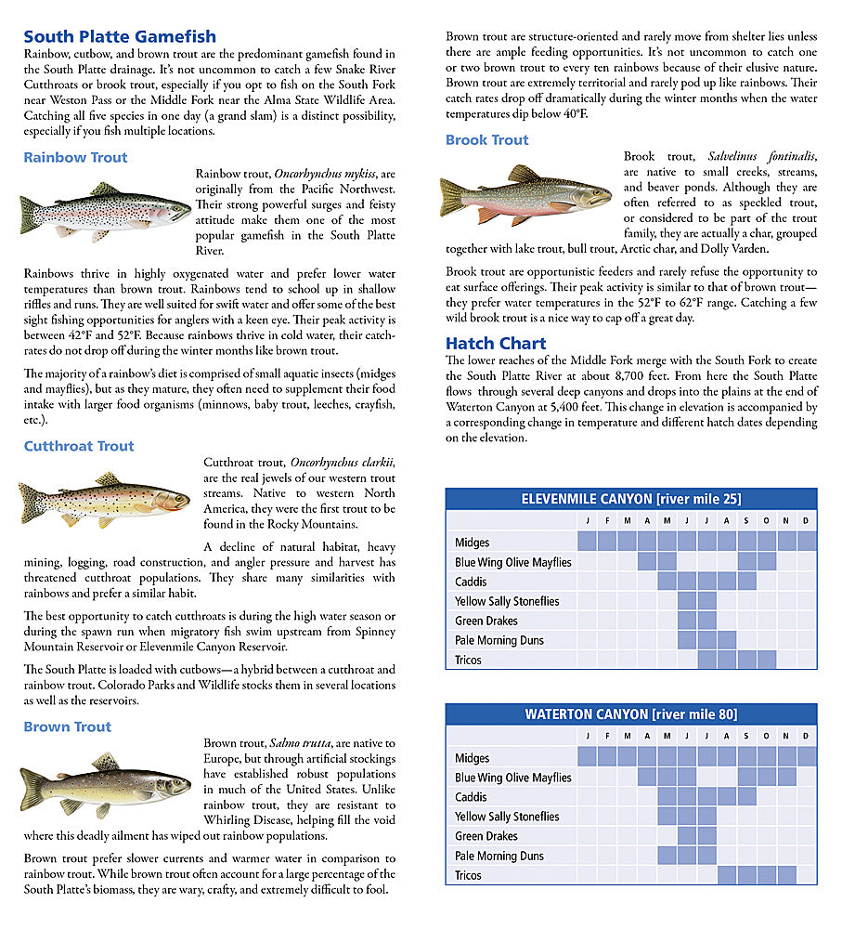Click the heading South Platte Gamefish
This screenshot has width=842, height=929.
[x=120, y=37]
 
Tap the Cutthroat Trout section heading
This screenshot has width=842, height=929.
[x=79, y=446]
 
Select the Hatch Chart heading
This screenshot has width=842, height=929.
[x=496, y=342]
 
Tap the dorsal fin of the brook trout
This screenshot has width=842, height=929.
[x=525, y=174]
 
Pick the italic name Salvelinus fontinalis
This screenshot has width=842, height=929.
[x=762, y=157]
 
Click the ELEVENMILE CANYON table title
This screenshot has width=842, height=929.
[x=631, y=499]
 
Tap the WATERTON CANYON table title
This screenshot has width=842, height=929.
[x=631, y=714]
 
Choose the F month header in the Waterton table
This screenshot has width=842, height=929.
[x=607, y=737]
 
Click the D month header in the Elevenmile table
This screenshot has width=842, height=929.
[x=806, y=521]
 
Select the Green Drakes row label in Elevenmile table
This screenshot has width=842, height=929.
[x=486, y=621]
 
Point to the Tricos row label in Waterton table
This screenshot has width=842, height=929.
[x=469, y=875]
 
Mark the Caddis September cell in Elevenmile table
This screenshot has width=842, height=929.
[x=746, y=582]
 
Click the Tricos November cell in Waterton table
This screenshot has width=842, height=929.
[x=786, y=875]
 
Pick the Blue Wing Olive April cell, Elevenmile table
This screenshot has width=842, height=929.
[x=647, y=562]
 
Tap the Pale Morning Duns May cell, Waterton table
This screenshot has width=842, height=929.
[x=667, y=856]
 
